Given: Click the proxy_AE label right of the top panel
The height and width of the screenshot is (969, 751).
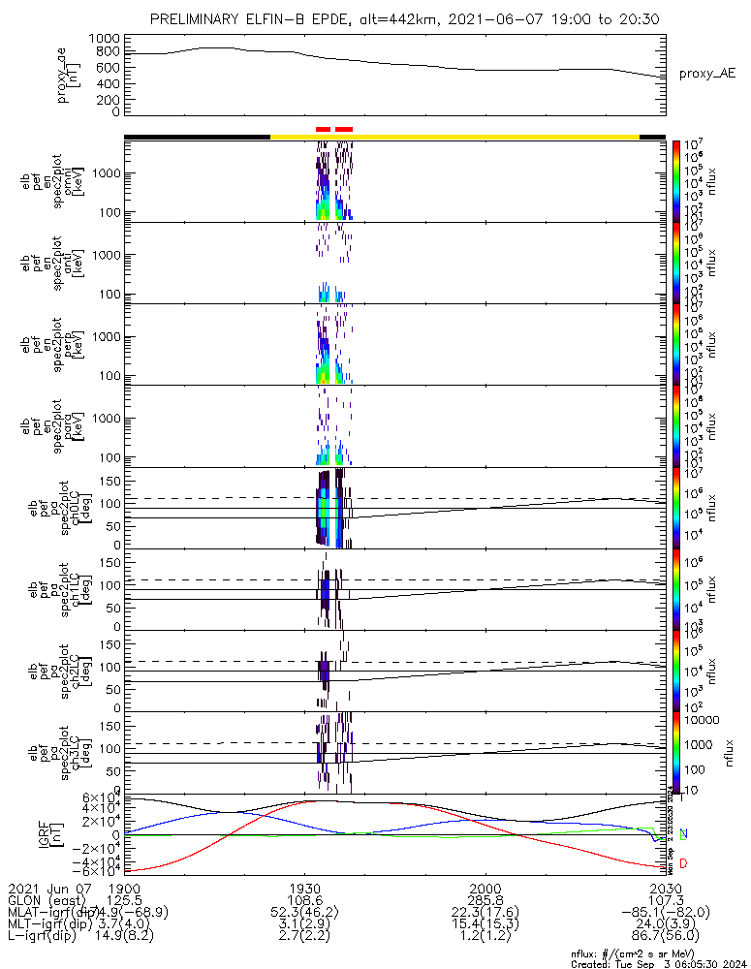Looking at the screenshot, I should (x=707, y=74).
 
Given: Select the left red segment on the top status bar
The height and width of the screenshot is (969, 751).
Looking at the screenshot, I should (x=323, y=128).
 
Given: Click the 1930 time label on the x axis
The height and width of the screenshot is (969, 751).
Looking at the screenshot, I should (x=304, y=888).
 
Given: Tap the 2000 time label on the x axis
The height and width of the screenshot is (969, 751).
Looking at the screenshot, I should (x=485, y=888).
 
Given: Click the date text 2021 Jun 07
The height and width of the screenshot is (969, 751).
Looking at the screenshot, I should (x=47, y=888).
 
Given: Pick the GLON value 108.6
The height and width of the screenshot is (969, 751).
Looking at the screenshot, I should (x=304, y=900).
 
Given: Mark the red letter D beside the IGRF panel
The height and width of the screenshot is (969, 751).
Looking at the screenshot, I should (x=683, y=863).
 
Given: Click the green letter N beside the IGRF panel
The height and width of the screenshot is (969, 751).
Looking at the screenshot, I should (x=683, y=834).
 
